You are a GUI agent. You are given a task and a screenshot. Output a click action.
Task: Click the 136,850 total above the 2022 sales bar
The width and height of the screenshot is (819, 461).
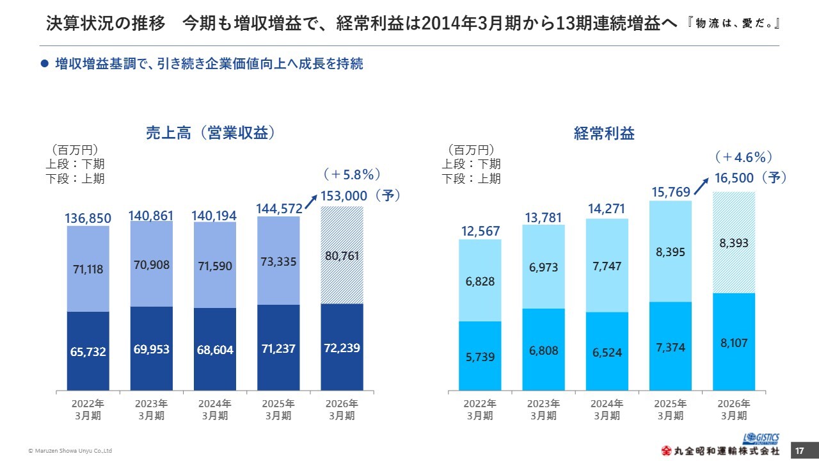coord(88,218)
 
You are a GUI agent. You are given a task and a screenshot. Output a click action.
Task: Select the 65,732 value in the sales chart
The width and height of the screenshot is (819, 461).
coord(88,352)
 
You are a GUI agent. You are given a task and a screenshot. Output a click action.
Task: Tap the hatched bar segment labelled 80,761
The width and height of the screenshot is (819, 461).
coord(342,256)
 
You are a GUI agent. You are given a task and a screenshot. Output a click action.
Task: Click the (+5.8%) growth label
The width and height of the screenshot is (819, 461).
coord(352,174)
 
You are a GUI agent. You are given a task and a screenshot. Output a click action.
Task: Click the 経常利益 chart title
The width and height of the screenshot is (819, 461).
coord(604,133)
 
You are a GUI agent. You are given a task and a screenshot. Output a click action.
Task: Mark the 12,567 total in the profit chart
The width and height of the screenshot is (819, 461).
coord(480,230)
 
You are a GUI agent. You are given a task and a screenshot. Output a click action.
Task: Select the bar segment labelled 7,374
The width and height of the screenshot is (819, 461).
coord(671,346)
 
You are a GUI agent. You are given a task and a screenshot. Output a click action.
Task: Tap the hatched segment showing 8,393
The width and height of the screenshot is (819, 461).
coord(734,243)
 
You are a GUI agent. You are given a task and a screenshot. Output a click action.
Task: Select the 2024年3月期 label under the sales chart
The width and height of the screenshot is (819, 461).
coord(215,410)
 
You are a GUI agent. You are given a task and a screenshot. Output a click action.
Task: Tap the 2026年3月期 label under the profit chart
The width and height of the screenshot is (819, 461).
coord(734,410)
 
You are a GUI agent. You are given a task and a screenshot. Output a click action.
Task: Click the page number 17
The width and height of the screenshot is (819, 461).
coord(799,451)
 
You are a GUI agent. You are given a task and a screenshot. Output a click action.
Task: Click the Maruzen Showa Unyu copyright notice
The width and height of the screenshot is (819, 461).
coord(70,451)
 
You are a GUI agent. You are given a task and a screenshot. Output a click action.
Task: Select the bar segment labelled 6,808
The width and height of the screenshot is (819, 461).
coord(543,350)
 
